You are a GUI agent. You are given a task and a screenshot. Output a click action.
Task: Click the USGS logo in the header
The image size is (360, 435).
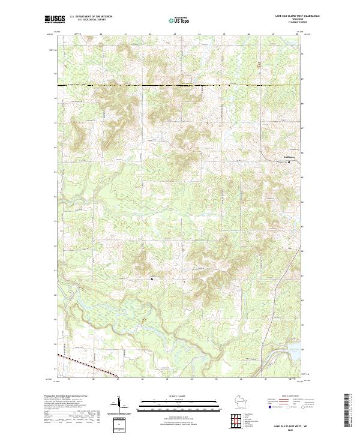click(x=53, y=19)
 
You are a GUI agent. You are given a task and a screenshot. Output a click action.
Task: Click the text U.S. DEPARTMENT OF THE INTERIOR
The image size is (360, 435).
click(x=91, y=17)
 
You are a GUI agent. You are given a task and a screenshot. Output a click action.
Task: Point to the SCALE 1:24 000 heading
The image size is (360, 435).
click(x=180, y=397)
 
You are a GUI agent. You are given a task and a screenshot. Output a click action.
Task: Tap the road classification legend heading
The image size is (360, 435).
click(x=294, y=397)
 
